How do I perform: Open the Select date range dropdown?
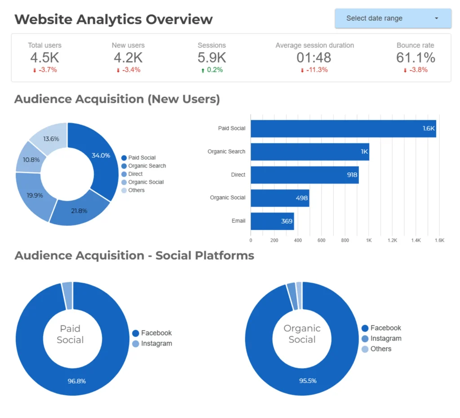tap(393, 18)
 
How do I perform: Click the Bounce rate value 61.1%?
tap(416, 58)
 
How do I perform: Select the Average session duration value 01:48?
tap(314, 58)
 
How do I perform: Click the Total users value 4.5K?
tap(44, 58)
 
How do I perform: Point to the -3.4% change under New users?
tap(128, 70)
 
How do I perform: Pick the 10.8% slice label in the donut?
tap(31, 160)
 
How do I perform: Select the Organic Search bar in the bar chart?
tap(310, 152)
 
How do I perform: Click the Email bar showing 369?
tap(272, 221)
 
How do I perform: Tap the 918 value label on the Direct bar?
tap(352, 175)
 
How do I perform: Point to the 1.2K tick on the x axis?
tap(393, 240)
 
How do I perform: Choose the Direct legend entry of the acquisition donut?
tap(135, 174)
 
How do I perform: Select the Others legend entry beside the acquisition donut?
tap(136, 190)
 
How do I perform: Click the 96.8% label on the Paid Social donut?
tap(77, 381)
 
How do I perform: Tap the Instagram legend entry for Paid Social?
tap(156, 344)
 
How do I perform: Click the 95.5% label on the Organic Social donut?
tap(308, 381)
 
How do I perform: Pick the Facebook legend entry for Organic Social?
tap(385, 328)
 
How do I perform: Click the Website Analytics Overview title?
tap(114, 19)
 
